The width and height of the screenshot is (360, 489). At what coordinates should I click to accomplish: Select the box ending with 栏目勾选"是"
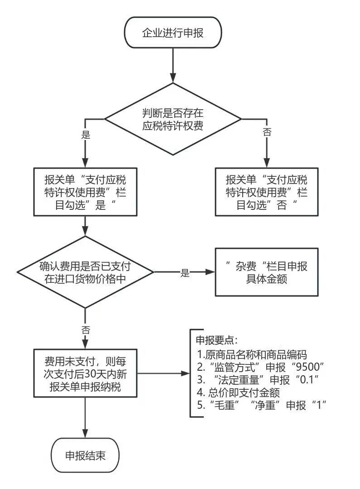coord(85,191)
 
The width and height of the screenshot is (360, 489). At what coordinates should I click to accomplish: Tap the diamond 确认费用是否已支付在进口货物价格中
coord(85,272)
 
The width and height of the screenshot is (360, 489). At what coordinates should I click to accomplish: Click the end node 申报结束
coord(85,455)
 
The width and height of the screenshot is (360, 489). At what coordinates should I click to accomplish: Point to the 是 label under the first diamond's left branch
coord(85,135)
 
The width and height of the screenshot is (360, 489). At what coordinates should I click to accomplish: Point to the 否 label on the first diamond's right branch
coord(267,132)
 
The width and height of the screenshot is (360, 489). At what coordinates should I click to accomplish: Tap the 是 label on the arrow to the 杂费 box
coord(185,272)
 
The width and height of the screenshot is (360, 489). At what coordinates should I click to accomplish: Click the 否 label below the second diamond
coord(85,328)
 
